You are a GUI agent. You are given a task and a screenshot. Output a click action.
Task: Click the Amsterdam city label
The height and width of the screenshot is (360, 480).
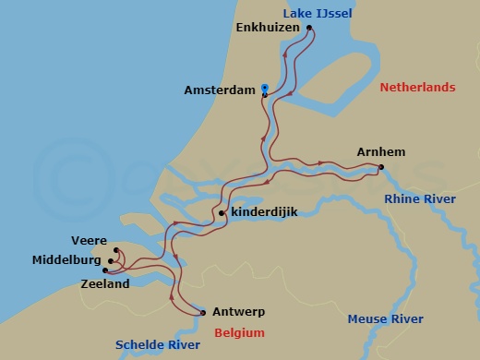point(220,91)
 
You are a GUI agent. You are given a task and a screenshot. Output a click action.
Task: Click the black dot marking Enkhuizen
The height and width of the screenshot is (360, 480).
point(309,28)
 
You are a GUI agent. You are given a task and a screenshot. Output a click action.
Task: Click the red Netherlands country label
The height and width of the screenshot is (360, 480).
point(417,88)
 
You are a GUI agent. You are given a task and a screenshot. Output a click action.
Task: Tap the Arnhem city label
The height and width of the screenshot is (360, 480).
point(381,152)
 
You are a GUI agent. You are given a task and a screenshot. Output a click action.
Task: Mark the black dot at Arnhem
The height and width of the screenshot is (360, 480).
point(380,167)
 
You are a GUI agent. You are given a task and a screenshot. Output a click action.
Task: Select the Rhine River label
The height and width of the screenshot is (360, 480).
point(420,198)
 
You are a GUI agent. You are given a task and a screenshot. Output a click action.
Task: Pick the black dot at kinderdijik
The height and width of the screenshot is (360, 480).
point(222,213)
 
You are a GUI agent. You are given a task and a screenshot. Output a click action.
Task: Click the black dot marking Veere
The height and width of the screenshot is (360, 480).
point(116,250)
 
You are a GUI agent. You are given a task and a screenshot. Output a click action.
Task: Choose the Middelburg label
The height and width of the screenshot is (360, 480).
point(66,261)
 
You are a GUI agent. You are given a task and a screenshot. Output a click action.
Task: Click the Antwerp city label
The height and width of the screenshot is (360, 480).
point(238,312)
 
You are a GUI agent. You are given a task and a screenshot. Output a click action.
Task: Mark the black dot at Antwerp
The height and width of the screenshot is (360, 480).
point(203,312)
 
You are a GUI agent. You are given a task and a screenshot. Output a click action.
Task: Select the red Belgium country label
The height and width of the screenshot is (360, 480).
point(239,333)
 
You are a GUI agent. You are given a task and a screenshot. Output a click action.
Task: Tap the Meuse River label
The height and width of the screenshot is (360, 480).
point(385,319)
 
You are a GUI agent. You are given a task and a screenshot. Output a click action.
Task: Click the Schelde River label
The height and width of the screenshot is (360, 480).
point(157,345)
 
